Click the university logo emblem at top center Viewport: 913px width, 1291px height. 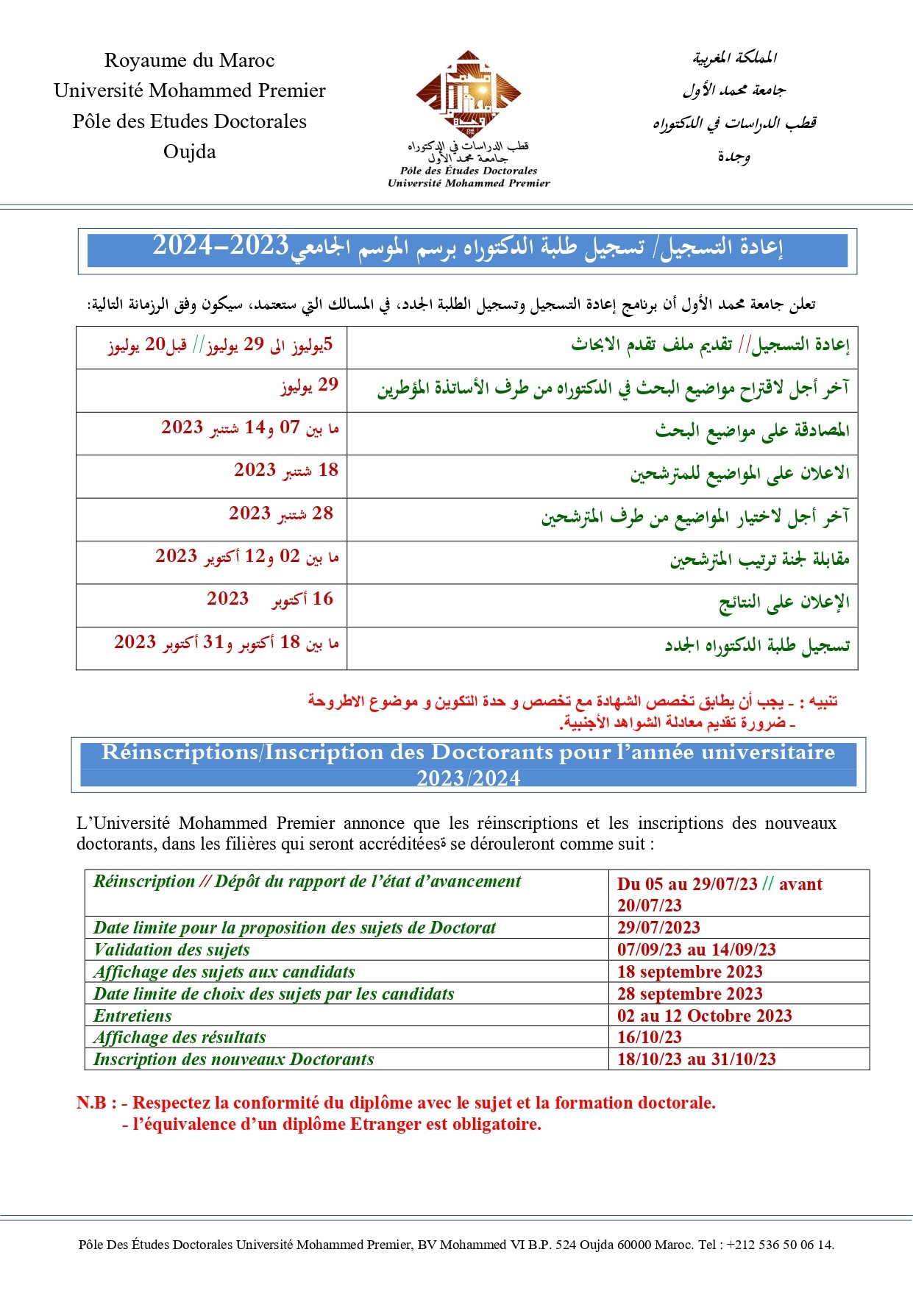click(469, 93)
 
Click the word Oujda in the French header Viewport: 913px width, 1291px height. click(190, 152)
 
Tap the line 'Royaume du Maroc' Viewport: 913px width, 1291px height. click(190, 60)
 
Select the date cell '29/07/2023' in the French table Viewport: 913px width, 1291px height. click(658, 928)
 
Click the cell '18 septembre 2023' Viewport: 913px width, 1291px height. click(689, 972)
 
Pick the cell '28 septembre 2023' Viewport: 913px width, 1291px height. click(689, 994)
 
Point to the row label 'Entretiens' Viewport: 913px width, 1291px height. click(132, 1016)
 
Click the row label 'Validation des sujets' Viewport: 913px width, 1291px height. click(171, 950)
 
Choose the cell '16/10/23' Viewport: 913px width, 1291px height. click(649, 1037)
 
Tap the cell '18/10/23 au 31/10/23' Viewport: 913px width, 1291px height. click(696, 1059)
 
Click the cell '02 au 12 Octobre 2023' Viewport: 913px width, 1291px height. click(704, 1016)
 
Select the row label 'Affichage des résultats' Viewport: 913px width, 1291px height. click(180, 1037)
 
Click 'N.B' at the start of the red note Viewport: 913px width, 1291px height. click(92, 1103)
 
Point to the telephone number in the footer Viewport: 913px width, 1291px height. click(781, 1245)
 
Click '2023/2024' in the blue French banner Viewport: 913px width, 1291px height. click(468, 778)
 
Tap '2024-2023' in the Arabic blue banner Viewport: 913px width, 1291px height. click(221, 246)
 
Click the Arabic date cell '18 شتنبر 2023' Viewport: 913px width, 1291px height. click(285, 470)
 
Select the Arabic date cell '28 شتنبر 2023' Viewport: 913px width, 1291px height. click(280, 513)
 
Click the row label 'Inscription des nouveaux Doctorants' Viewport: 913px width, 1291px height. click(233, 1059)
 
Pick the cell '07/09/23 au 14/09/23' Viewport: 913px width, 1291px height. click(696, 950)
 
